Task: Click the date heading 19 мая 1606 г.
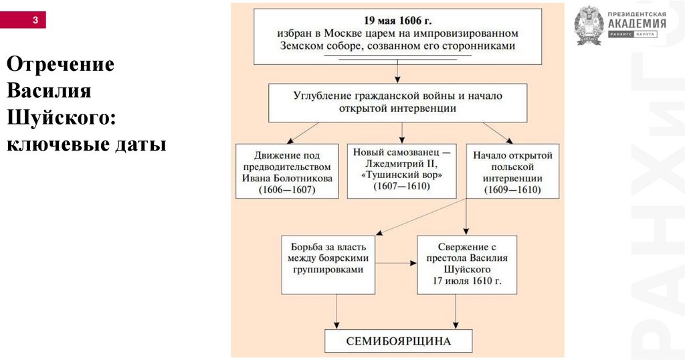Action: point(398,19)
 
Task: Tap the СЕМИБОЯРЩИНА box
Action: point(398,341)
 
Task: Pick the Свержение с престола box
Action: point(466,264)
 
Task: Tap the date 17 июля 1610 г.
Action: point(466,282)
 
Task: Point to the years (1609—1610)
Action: point(512,191)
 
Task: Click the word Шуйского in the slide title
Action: point(61,118)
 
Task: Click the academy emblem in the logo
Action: point(588,25)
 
